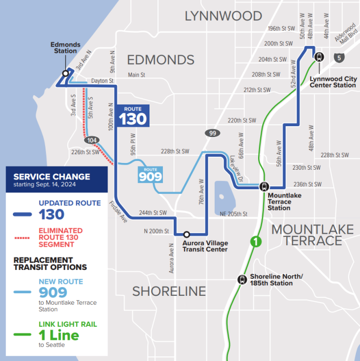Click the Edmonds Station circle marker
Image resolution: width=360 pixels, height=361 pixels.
66,73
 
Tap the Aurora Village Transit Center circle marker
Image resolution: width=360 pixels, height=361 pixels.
187,234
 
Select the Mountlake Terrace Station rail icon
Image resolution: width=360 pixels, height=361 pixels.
264,187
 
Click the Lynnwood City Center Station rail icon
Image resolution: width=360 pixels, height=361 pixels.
319,56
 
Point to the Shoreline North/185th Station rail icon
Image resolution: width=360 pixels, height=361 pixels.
242,279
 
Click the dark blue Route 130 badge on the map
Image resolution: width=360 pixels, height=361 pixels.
133,115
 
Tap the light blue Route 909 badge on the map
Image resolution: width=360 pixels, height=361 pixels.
149,174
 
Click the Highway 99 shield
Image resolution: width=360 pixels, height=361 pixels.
212,133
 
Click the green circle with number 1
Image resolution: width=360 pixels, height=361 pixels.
256,240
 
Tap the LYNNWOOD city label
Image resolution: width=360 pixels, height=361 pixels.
223,16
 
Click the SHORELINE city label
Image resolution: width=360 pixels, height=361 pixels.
169,291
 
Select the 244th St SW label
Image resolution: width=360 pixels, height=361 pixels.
153,213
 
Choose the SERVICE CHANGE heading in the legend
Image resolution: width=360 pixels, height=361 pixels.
52,176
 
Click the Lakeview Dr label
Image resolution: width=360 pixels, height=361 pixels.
232,166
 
